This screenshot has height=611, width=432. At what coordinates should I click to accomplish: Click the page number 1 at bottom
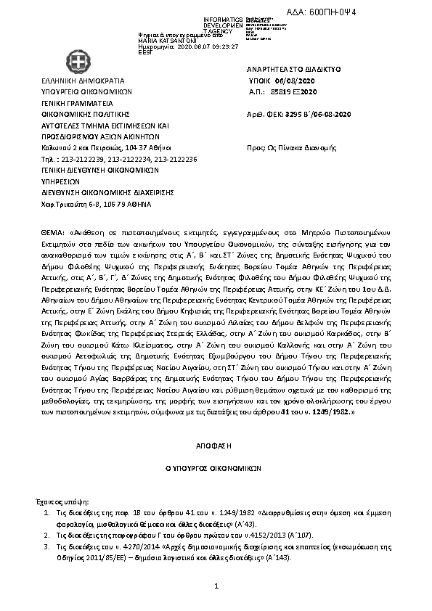tap(216, 586)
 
